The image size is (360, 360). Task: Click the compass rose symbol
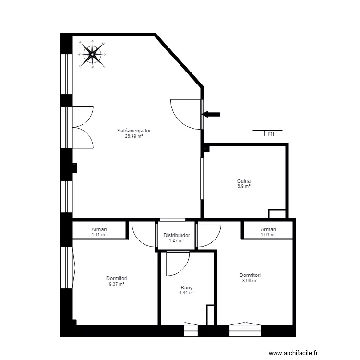coord(92,54)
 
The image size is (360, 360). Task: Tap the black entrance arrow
coord(211,114)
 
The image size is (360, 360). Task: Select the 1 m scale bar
coord(267,131)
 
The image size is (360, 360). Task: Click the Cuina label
coord(244,181)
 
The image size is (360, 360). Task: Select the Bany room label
coord(187,288)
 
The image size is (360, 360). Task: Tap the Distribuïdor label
coord(176,235)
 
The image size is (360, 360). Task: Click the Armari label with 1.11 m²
coord(99,229)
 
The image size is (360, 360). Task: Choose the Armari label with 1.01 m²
coord(268,229)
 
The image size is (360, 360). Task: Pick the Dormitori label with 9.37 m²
coord(117,278)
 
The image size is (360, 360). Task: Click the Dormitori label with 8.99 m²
coord(250,275)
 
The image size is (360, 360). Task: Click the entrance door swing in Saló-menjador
coord(185,114)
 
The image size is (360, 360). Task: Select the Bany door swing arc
coord(178,264)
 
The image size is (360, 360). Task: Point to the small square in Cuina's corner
coord(277,214)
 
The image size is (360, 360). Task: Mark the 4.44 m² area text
coord(187,293)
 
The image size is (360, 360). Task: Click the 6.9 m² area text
coord(244,186)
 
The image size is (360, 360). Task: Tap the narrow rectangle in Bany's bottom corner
coord(209,314)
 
